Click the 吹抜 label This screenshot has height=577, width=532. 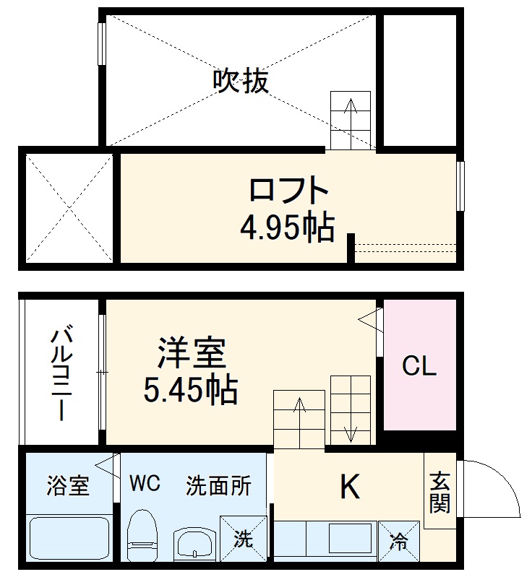pos(240,81)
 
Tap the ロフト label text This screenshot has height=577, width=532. pos(288,191)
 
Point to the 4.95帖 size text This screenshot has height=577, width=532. pos(287,228)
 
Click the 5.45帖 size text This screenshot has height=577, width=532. pos(190,391)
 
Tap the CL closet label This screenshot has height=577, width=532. pos(419,368)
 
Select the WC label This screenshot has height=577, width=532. pos(145,482)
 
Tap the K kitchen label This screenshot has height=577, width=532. pos(350,489)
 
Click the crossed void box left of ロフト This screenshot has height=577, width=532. pos(69,208)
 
